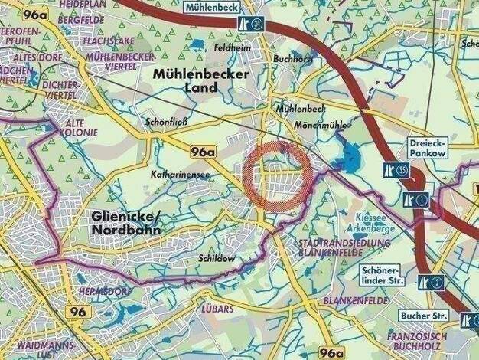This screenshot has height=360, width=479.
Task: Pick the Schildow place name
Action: coord(215,259)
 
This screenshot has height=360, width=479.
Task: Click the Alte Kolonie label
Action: coord(80,128)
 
